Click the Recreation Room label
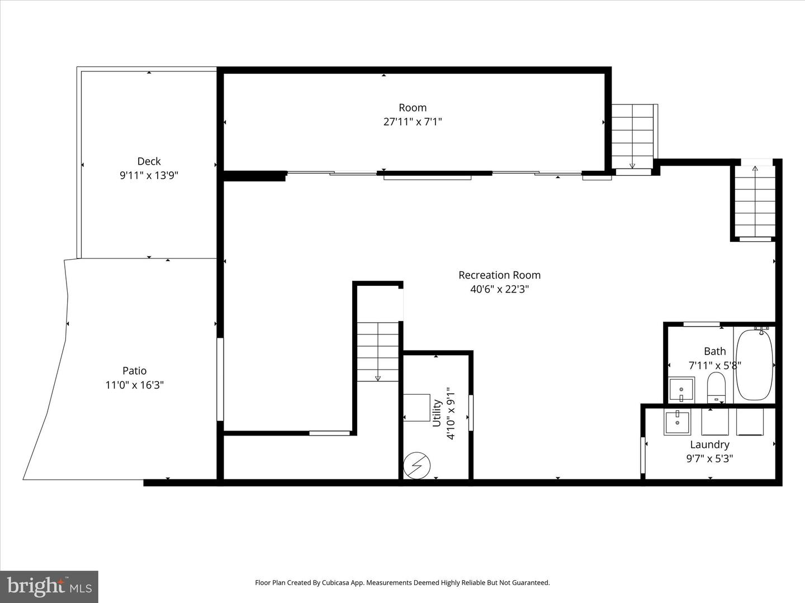pyautogui.click(x=499, y=275)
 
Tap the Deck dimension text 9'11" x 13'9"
pyautogui.click(x=149, y=175)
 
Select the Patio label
pyautogui.click(x=134, y=371)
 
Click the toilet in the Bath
pyautogui.click(x=716, y=387)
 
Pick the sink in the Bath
pyautogui.click(x=681, y=389)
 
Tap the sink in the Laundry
pyautogui.click(x=677, y=422)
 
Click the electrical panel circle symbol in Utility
pyautogui.click(x=416, y=466)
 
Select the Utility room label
pyautogui.click(x=437, y=413)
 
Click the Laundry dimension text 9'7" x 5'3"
pyautogui.click(x=709, y=459)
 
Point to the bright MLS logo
pyautogui.click(x=49, y=587)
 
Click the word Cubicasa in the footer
pyautogui.click(x=337, y=582)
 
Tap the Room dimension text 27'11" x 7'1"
pyautogui.click(x=413, y=122)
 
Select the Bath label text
pyautogui.click(x=715, y=352)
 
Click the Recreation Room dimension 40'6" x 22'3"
pyautogui.click(x=500, y=289)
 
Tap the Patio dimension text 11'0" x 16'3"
pyautogui.click(x=134, y=385)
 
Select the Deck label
pyautogui.click(x=149, y=161)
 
